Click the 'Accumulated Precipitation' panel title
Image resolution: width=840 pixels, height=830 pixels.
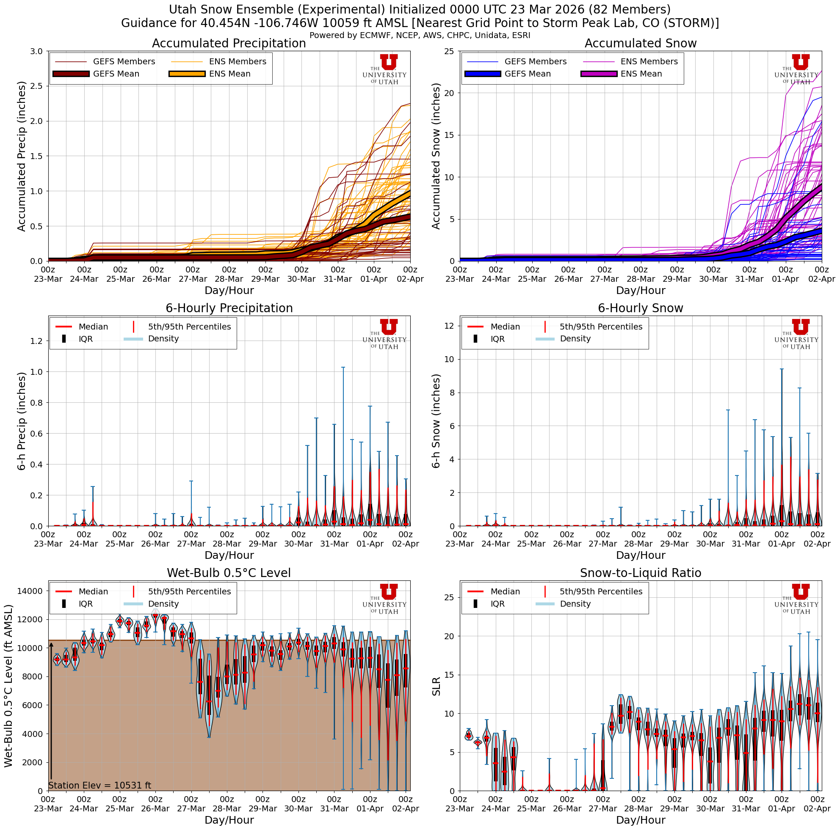[x=229, y=44]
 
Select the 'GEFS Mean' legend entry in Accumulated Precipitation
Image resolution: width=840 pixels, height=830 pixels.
[x=116, y=74]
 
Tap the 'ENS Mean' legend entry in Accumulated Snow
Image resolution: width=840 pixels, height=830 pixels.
[x=641, y=74]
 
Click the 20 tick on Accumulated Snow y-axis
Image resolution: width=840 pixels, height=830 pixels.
[x=449, y=93]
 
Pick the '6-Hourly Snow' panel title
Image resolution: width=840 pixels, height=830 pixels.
[x=640, y=308]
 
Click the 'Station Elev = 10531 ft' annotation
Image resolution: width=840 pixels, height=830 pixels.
[x=99, y=785]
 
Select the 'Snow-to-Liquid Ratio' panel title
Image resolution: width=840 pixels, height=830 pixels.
[x=640, y=573]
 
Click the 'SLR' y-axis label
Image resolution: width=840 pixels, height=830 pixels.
[x=437, y=686]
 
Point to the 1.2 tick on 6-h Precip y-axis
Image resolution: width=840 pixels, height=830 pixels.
[x=36, y=341]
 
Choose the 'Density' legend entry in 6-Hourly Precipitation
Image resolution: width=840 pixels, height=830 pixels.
[x=163, y=339]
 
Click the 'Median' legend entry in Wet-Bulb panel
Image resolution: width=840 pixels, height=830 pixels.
[x=93, y=591]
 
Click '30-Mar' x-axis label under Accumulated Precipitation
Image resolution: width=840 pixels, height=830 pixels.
[x=301, y=279]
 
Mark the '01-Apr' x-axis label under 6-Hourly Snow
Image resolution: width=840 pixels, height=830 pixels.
[x=781, y=544]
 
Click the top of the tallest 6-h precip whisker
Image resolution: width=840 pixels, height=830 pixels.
[x=343, y=368]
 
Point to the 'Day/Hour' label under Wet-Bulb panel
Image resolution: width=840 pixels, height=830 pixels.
[x=229, y=819]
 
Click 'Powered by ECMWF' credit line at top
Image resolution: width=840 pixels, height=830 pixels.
[x=420, y=36]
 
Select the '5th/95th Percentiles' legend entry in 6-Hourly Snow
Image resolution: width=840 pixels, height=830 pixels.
[x=600, y=327]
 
